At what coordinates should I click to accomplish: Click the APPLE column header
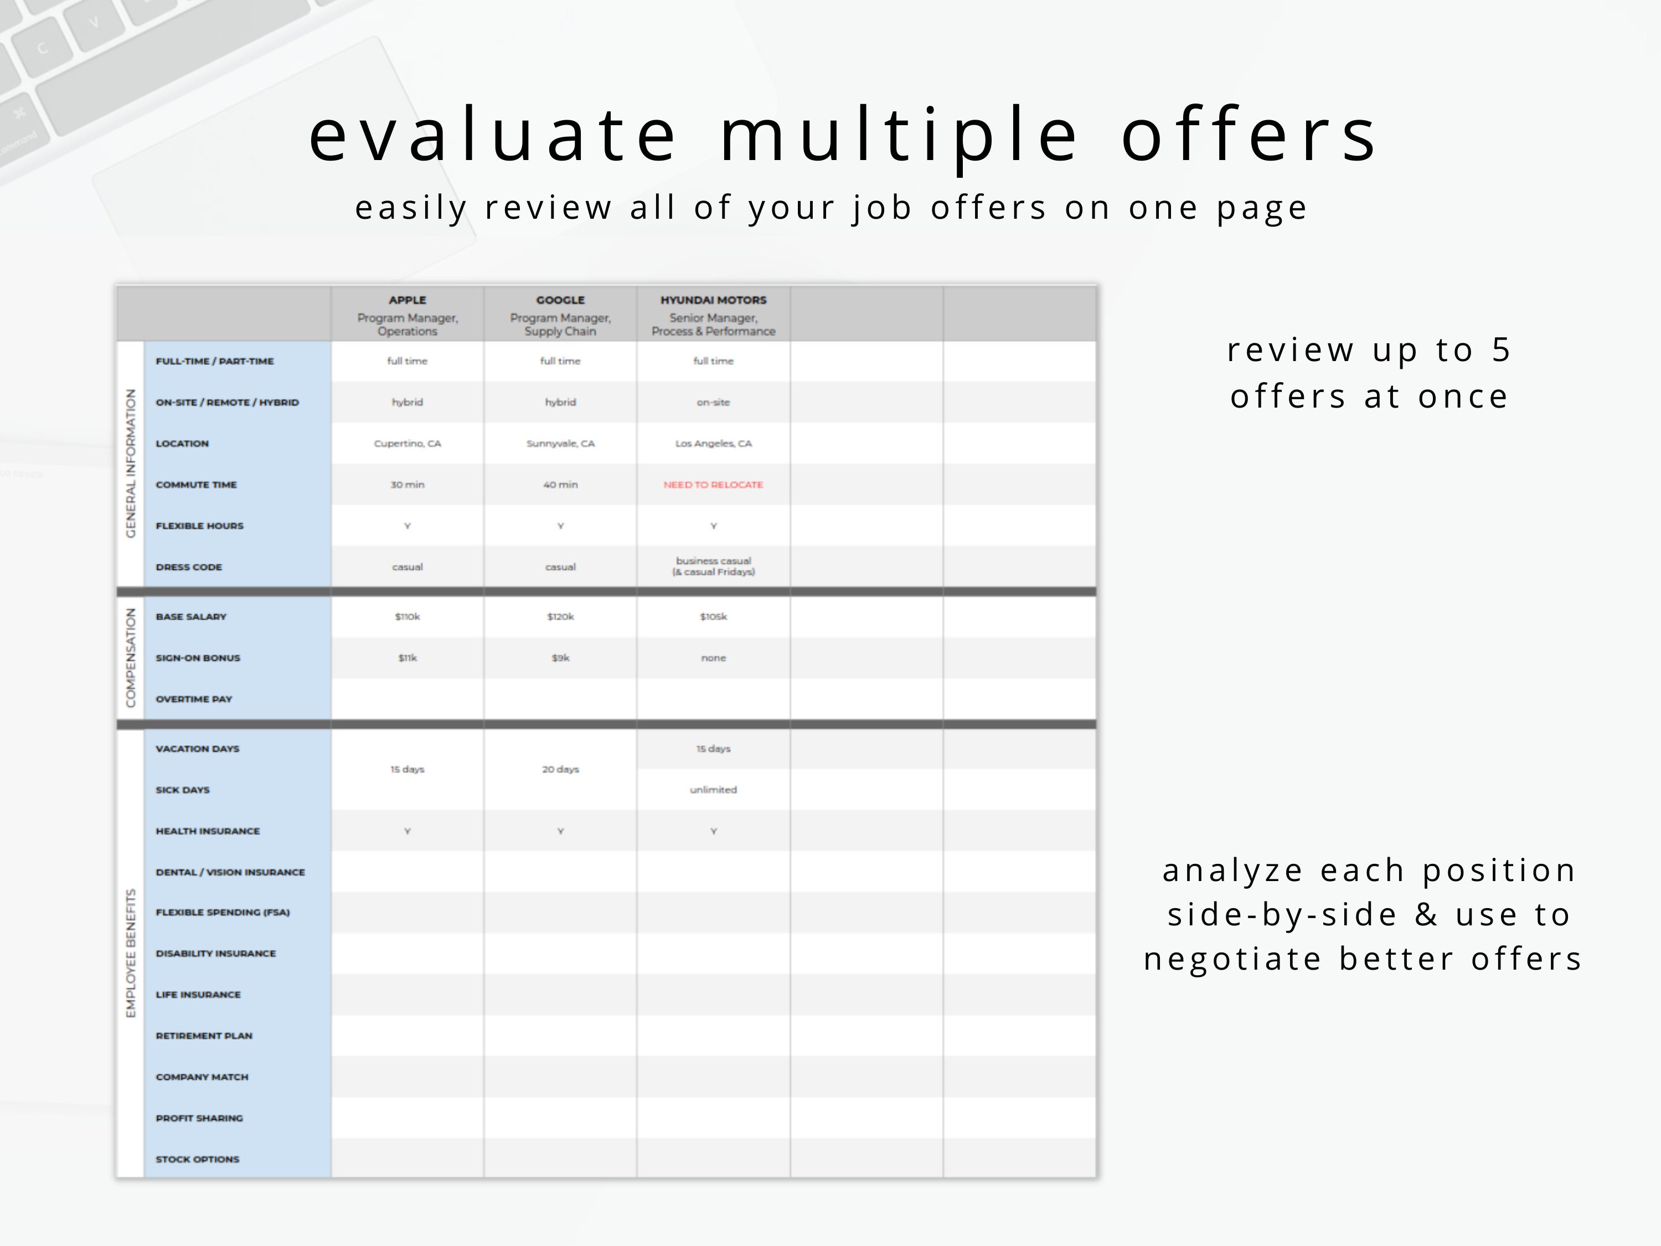(407, 300)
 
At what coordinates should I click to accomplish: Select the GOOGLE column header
(560, 300)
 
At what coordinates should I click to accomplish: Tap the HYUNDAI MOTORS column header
(713, 300)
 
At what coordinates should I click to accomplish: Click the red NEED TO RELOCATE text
(713, 485)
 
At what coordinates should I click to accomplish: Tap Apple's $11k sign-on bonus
(407, 658)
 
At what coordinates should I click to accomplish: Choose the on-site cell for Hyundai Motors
(713, 403)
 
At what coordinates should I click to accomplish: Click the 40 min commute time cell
(560, 485)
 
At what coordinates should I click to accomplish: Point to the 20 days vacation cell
(560, 770)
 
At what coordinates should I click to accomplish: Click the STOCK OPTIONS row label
(198, 1160)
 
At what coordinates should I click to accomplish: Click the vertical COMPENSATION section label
(131, 658)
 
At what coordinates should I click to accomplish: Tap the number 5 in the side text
(1500, 350)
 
